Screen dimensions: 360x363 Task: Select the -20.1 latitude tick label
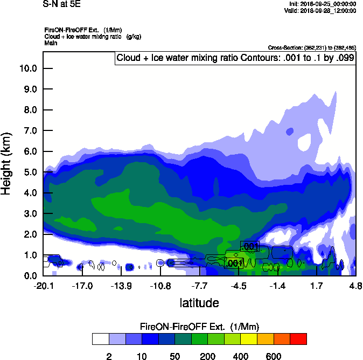pos(43,286)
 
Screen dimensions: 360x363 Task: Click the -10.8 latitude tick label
pos(160,286)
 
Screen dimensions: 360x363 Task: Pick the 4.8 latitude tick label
pos(355,286)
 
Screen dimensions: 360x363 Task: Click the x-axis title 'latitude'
pos(199,303)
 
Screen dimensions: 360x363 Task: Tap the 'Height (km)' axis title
pos(7,163)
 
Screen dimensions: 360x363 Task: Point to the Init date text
pos(323,4)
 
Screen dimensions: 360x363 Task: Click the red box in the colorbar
pos(298,339)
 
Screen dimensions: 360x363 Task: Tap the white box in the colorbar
pos(100,339)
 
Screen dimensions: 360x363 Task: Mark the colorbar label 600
pos(274,356)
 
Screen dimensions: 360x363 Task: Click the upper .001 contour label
pos(250,247)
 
